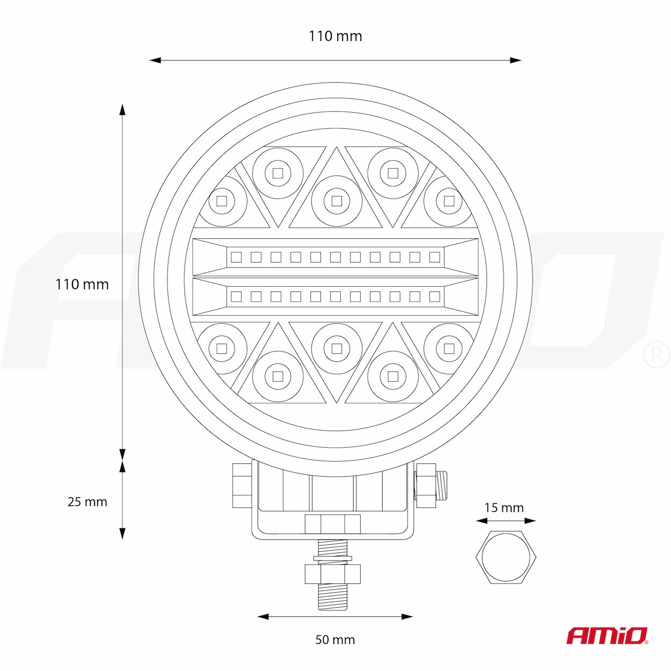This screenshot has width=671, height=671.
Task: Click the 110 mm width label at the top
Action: point(336,36)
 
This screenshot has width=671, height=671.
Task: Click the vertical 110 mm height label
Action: point(82,285)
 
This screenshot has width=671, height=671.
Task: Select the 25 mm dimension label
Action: point(87,502)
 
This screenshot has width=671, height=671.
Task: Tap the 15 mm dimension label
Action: point(504,508)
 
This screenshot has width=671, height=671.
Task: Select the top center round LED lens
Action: point(337,201)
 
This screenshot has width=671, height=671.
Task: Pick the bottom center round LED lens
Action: point(337,348)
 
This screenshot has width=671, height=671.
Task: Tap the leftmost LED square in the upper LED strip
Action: point(236,257)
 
